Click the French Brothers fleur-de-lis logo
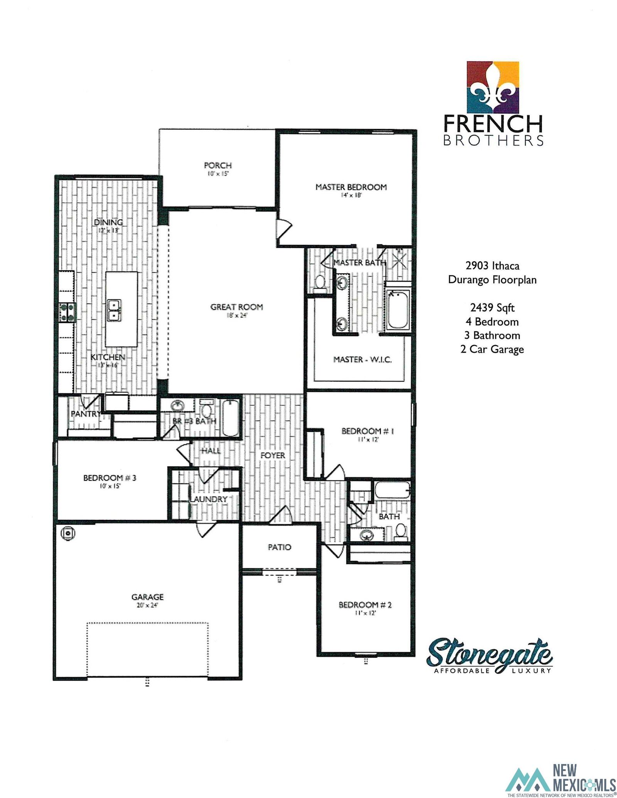(492, 87)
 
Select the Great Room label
(236, 307)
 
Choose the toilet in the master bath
(319, 282)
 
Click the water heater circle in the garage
(68, 533)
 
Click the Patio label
(279, 547)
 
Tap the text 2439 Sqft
(492, 307)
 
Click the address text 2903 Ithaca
(492, 265)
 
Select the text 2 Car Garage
(492, 349)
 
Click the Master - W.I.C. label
(362, 360)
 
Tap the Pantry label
(86, 414)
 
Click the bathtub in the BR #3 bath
(231, 418)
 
